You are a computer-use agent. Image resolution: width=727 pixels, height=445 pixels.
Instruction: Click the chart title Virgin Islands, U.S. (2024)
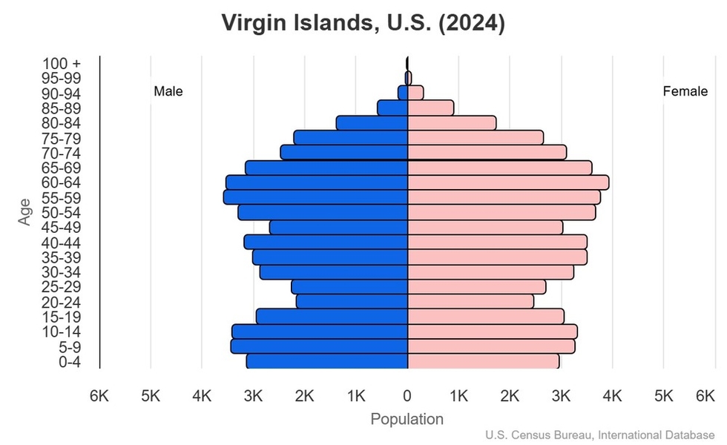(363, 23)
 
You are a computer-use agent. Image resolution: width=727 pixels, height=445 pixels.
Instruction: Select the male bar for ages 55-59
(316, 197)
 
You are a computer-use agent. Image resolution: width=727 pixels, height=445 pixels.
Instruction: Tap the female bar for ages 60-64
(508, 182)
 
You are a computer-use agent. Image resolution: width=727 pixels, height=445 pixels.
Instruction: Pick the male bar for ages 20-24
(352, 302)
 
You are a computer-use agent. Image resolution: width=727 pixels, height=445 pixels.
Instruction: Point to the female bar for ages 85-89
(430, 108)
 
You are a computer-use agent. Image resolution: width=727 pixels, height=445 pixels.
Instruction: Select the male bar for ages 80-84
(372, 123)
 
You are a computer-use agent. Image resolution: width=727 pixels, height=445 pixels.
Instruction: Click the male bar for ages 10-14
(320, 332)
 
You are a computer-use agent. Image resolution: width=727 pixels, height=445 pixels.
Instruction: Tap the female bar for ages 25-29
(476, 287)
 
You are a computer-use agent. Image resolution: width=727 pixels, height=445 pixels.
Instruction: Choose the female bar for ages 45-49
(485, 227)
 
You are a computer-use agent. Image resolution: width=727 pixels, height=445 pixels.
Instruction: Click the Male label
(168, 92)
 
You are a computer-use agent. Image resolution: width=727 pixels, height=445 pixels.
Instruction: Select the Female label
(685, 92)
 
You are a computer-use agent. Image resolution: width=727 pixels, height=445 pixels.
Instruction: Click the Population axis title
(407, 419)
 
